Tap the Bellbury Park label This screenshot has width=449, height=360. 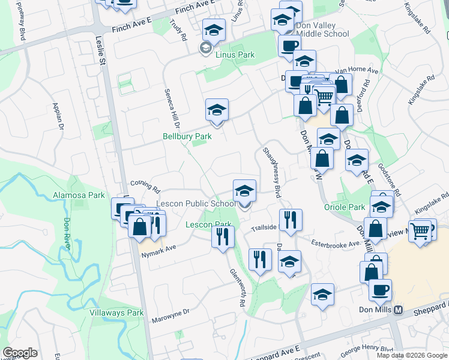pyautogui.click(x=187, y=136)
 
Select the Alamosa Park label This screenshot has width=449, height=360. pyautogui.click(x=79, y=195)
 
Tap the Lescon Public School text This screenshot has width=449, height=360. pyautogui.click(x=196, y=204)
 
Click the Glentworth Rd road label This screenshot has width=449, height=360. pyautogui.click(x=238, y=288)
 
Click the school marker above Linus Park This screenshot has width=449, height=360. pyautogui.click(x=214, y=29)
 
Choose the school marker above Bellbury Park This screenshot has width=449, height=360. pyautogui.click(x=217, y=110)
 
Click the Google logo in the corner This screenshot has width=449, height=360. pyautogui.click(x=20, y=353)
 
